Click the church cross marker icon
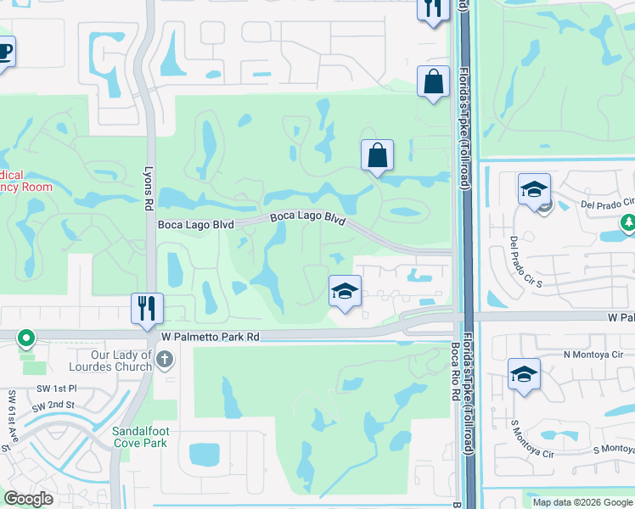(166, 361)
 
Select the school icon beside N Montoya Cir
(524, 374)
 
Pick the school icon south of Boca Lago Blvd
(345, 291)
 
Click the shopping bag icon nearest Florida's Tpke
(433, 82)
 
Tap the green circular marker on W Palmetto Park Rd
(26, 338)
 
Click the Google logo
(29, 499)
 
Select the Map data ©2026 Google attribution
(582, 502)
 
